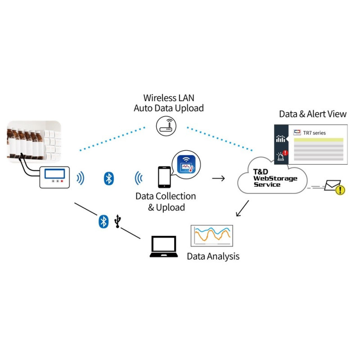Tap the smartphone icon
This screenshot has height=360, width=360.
(164, 177)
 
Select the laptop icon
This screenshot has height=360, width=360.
(164, 247)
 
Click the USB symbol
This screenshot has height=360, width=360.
(118, 221)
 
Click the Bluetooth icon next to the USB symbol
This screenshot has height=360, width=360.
(104, 221)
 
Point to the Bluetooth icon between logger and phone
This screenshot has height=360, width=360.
(108, 178)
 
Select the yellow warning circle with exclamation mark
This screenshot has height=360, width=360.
(341, 190)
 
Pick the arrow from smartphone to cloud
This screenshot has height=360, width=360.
(219, 178)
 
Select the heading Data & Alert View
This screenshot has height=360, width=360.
(313, 114)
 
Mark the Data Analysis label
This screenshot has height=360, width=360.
(213, 256)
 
